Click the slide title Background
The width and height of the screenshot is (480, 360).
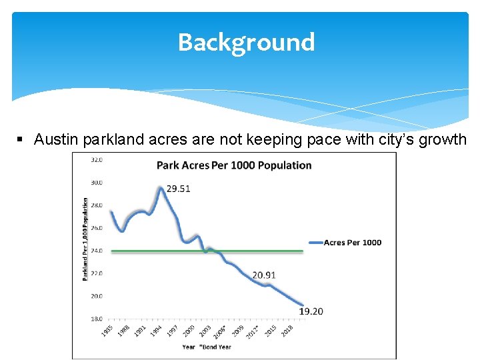point(246,43)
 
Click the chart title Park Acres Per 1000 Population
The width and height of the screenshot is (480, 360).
point(234,165)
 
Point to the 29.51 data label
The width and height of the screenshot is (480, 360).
point(178,189)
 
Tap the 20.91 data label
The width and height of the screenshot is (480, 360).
point(265,275)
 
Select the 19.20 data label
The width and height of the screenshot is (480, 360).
point(311,311)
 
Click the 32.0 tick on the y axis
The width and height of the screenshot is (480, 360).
point(96,160)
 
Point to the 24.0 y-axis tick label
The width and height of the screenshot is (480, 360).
point(96,251)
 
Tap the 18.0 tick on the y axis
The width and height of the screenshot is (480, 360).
point(96,319)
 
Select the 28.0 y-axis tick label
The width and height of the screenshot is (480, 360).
point(96,205)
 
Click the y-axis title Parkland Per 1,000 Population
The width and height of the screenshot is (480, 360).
point(85,239)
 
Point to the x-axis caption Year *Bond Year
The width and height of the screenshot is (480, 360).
point(207,347)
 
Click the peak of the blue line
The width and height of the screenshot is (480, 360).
point(161,189)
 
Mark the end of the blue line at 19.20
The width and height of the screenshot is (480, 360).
point(302,305)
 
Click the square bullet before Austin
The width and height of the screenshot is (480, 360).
point(21,140)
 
